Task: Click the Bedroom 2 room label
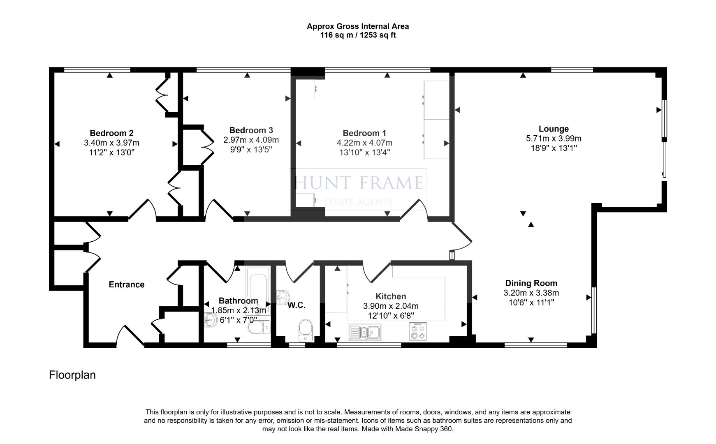coord(111,133)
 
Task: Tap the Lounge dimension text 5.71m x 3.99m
coord(554,139)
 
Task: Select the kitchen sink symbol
coord(365,332)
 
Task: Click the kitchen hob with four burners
coord(418,331)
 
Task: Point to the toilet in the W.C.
coord(306,330)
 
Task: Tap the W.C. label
coord(296,305)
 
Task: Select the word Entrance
coord(126,284)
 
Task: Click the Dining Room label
coord(531,283)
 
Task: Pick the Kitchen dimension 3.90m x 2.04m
coord(391,306)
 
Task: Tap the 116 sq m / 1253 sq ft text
coord(358,35)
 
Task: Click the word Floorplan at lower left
coord(72,375)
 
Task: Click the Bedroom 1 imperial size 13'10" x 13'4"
coord(364,153)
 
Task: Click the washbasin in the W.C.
coord(283,297)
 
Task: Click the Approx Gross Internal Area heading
coord(358,26)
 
